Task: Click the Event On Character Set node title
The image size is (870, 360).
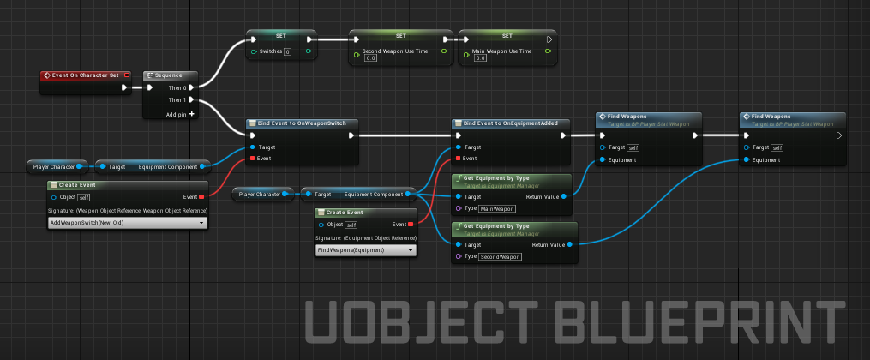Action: pos(85,75)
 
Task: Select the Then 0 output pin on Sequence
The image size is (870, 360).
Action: pos(191,87)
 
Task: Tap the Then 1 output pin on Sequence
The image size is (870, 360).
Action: pos(191,100)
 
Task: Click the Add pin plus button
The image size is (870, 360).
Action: pos(191,113)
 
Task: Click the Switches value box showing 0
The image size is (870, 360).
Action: pos(287,52)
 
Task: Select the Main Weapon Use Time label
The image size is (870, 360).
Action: pos(502,51)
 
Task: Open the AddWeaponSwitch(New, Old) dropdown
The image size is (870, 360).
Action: pos(128,223)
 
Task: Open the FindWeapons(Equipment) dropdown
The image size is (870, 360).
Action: pos(366,249)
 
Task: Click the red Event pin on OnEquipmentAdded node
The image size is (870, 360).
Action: pos(459,159)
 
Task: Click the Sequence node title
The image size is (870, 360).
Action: pos(169,75)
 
